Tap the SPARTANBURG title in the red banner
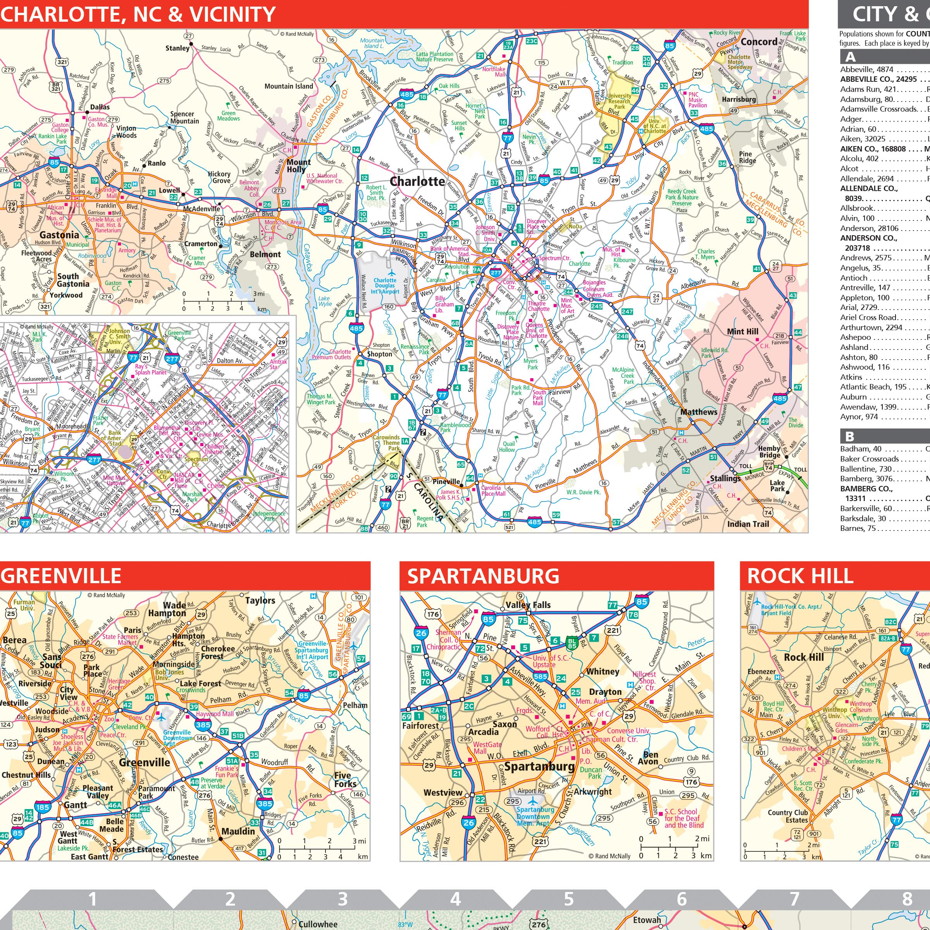[483, 576]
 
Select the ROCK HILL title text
[800, 576]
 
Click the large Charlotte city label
[417, 181]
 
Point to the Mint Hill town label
[742, 332]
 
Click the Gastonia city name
[59, 235]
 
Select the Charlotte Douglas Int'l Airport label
[385, 286]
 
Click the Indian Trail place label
[747, 524]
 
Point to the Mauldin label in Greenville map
[238, 831]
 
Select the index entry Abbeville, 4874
[866, 69]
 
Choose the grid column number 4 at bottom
[455, 899]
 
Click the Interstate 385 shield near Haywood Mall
[203, 725]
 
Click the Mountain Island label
[288, 86]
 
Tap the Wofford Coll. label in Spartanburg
[537, 732]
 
